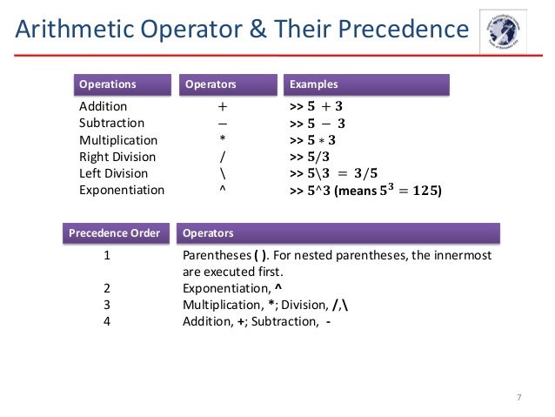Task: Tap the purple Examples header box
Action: (367, 84)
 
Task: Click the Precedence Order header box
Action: (115, 233)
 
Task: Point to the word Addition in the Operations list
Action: (103, 107)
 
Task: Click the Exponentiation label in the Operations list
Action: (122, 190)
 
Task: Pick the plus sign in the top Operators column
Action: (223, 107)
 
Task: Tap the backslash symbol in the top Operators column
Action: (223, 173)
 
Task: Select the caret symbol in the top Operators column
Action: (223, 189)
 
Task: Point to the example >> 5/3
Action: (309, 157)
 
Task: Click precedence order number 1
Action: (106, 256)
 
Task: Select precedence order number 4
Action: (106, 321)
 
